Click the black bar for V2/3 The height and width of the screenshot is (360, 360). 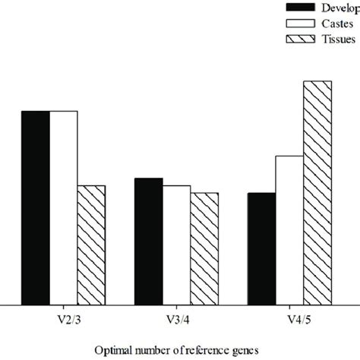(x=36, y=207)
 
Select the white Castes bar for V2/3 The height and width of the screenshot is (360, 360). (x=64, y=207)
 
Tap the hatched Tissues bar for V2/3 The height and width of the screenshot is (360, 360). (x=92, y=245)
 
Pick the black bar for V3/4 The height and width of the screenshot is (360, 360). (x=148, y=241)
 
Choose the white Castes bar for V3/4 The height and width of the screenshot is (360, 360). (x=176, y=245)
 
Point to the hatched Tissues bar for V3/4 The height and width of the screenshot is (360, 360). (x=204, y=248)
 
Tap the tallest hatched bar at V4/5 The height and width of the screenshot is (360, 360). (x=317, y=192)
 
